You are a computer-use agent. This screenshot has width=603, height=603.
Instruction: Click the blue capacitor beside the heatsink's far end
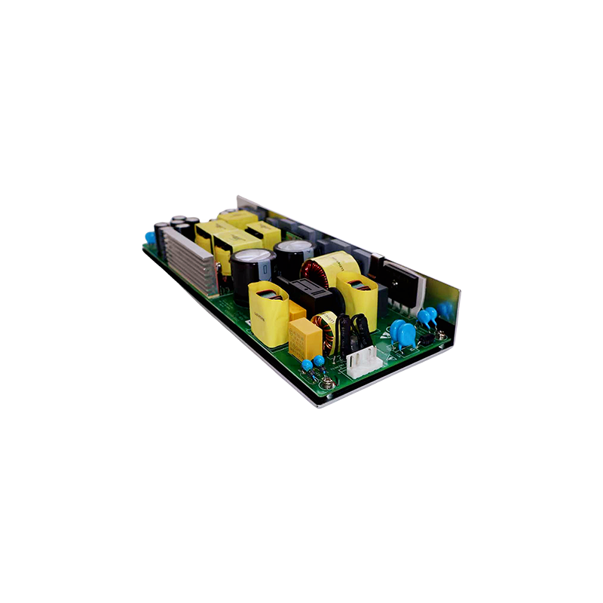click(x=150, y=238)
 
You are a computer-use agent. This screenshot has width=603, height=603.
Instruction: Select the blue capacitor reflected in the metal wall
click(x=445, y=309)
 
